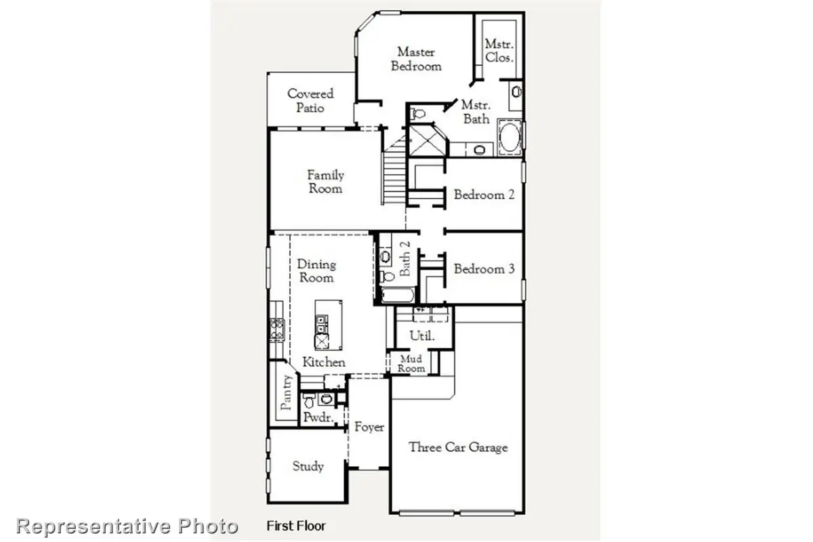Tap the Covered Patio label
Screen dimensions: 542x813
[310, 101]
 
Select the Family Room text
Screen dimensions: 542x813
[325, 182]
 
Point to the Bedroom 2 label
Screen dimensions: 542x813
[484, 195]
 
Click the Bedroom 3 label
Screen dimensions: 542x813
[484, 269]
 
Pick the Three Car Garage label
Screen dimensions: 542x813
[458, 447]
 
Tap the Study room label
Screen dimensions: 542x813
[308, 466]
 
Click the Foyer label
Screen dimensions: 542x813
[369, 428]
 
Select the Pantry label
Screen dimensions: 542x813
[286, 393]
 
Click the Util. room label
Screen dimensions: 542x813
[422, 336]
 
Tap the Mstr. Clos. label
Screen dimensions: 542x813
[499, 51]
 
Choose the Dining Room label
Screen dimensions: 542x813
[316, 271]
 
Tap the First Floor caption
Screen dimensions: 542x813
[296, 526]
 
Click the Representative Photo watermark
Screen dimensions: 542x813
[127, 526]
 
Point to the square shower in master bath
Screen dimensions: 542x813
[425, 141]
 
